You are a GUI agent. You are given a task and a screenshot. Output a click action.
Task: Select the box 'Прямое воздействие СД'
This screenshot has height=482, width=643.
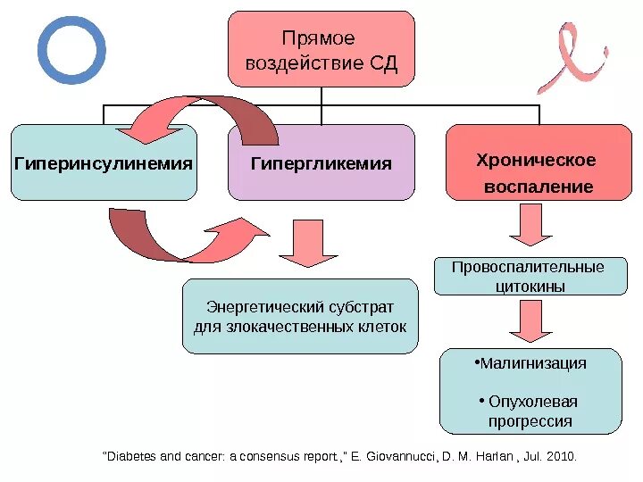pyautogui.click(x=321, y=49)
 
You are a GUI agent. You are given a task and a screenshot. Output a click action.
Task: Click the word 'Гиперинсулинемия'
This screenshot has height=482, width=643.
pyautogui.click(x=104, y=163)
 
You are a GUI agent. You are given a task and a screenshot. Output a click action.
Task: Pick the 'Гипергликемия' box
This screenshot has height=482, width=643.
pyautogui.click(x=321, y=162)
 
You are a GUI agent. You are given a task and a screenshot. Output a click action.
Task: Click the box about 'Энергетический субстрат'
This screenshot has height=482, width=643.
pyautogui.click(x=300, y=316)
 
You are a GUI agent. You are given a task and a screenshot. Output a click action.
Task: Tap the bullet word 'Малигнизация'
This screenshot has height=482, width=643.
pyautogui.click(x=532, y=363)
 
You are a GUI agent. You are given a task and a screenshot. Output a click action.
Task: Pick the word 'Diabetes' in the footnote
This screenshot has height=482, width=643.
pyautogui.click(x=133, y=456)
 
